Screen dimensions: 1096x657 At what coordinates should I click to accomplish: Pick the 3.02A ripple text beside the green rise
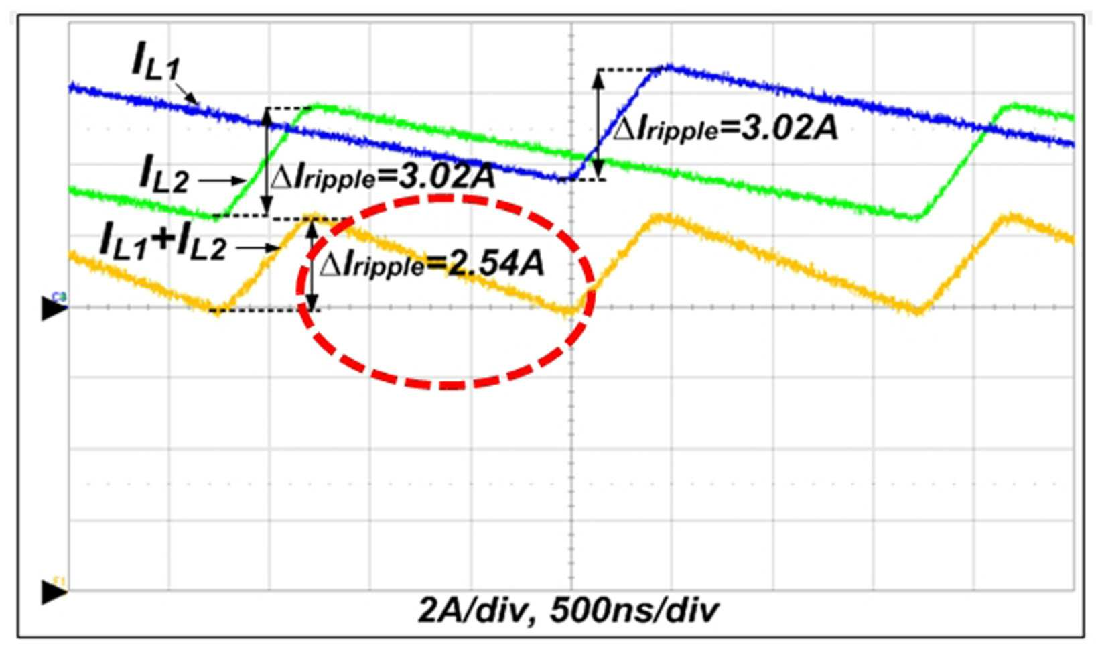click(x=383, y=177)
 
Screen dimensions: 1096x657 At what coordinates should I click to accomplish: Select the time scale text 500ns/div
click(x=634, y=611)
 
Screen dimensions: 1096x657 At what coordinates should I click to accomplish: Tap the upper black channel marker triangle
click(x=54, y=309)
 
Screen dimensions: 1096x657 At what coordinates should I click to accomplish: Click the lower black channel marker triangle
click(x=54, y=592)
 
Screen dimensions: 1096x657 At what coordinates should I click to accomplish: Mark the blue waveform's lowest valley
click(x=565, y=179)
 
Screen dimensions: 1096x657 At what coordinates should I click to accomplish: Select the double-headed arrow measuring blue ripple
click(x=598, y=125)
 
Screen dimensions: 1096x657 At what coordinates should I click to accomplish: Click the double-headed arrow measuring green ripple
click(x=266, y=162)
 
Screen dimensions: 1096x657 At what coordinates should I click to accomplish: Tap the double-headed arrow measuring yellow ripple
click(x=312, y=265)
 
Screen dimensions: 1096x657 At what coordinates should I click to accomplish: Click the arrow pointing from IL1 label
click(x=186, y=93)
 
